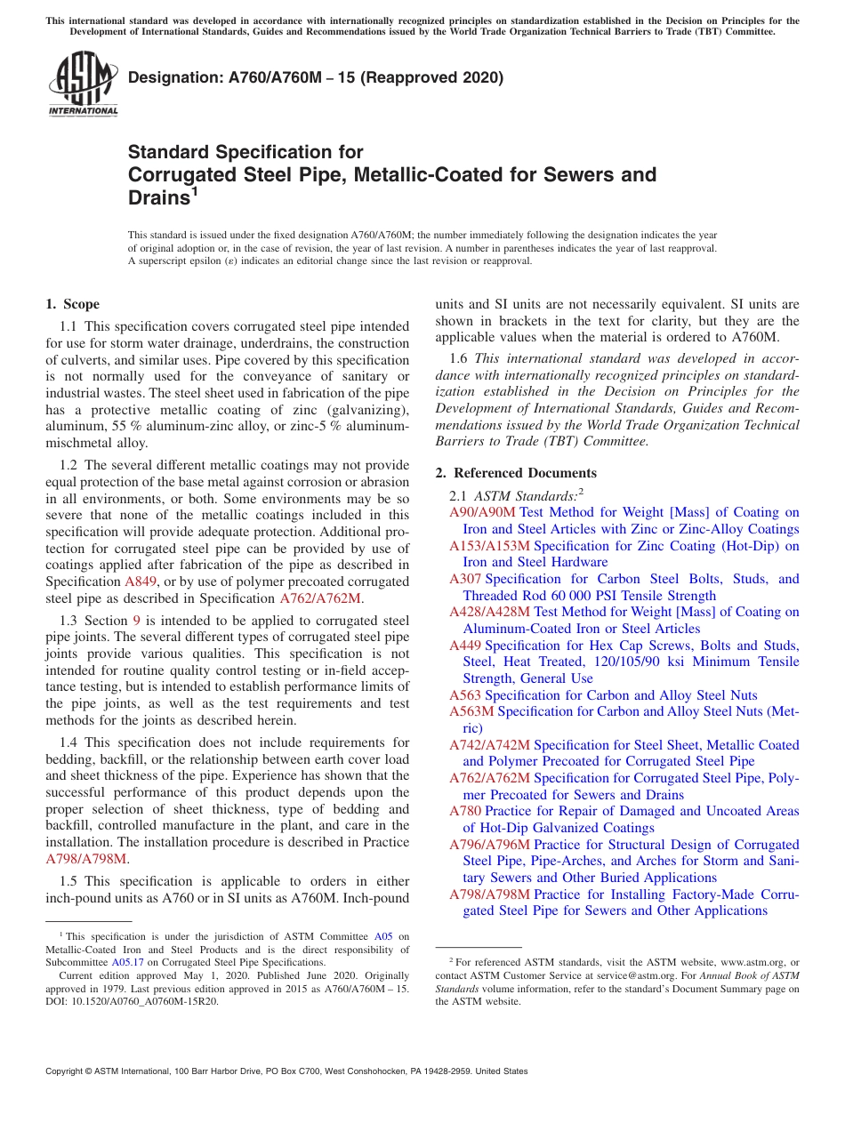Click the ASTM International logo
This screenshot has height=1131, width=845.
pos(83,84)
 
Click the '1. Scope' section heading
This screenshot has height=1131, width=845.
pos(72,304)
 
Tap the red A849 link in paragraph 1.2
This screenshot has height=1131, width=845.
pos(141,582)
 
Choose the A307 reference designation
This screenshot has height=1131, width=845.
pos(465,579)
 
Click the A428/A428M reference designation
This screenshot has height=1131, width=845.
pos(489,612)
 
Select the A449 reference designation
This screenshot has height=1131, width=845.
pos(465,646)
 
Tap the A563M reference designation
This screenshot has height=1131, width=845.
pos(471,711)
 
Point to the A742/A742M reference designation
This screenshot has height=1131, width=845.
pos(489,745)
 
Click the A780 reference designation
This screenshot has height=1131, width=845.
pos(465,811)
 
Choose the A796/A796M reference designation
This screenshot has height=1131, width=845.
pos(489,845)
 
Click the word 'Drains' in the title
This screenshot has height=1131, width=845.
pos(158,198)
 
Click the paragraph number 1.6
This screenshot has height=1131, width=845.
pos(459,358)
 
